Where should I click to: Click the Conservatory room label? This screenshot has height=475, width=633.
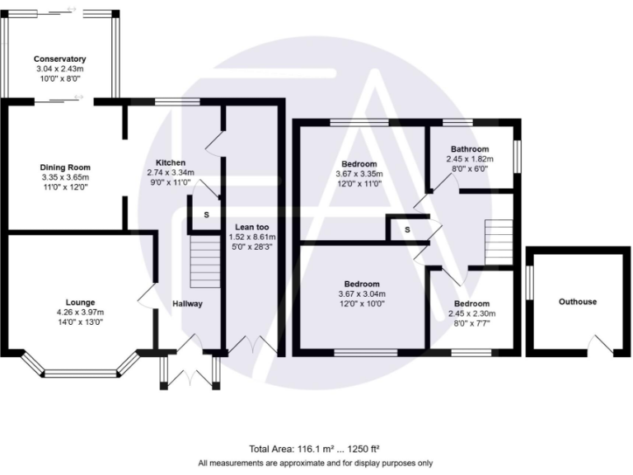pos(60,59)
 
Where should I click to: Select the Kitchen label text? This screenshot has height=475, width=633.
pos(171,162)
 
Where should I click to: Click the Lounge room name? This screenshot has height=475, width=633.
pos(76,303)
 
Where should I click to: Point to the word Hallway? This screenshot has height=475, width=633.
pos(187,304)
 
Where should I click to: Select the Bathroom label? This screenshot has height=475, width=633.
pos(469,149)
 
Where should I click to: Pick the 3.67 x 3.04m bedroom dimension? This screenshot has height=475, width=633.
pos(362,294)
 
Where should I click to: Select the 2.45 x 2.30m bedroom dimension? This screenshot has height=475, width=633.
pos(470,313)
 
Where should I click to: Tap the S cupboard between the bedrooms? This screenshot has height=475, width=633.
pos(407,228)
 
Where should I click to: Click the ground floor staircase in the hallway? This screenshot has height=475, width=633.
pos(204,261)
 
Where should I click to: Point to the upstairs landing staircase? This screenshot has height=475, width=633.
pos(498,242)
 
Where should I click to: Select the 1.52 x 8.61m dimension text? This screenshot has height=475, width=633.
pos(253,237)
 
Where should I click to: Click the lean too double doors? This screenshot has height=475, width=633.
pos(252,346)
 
